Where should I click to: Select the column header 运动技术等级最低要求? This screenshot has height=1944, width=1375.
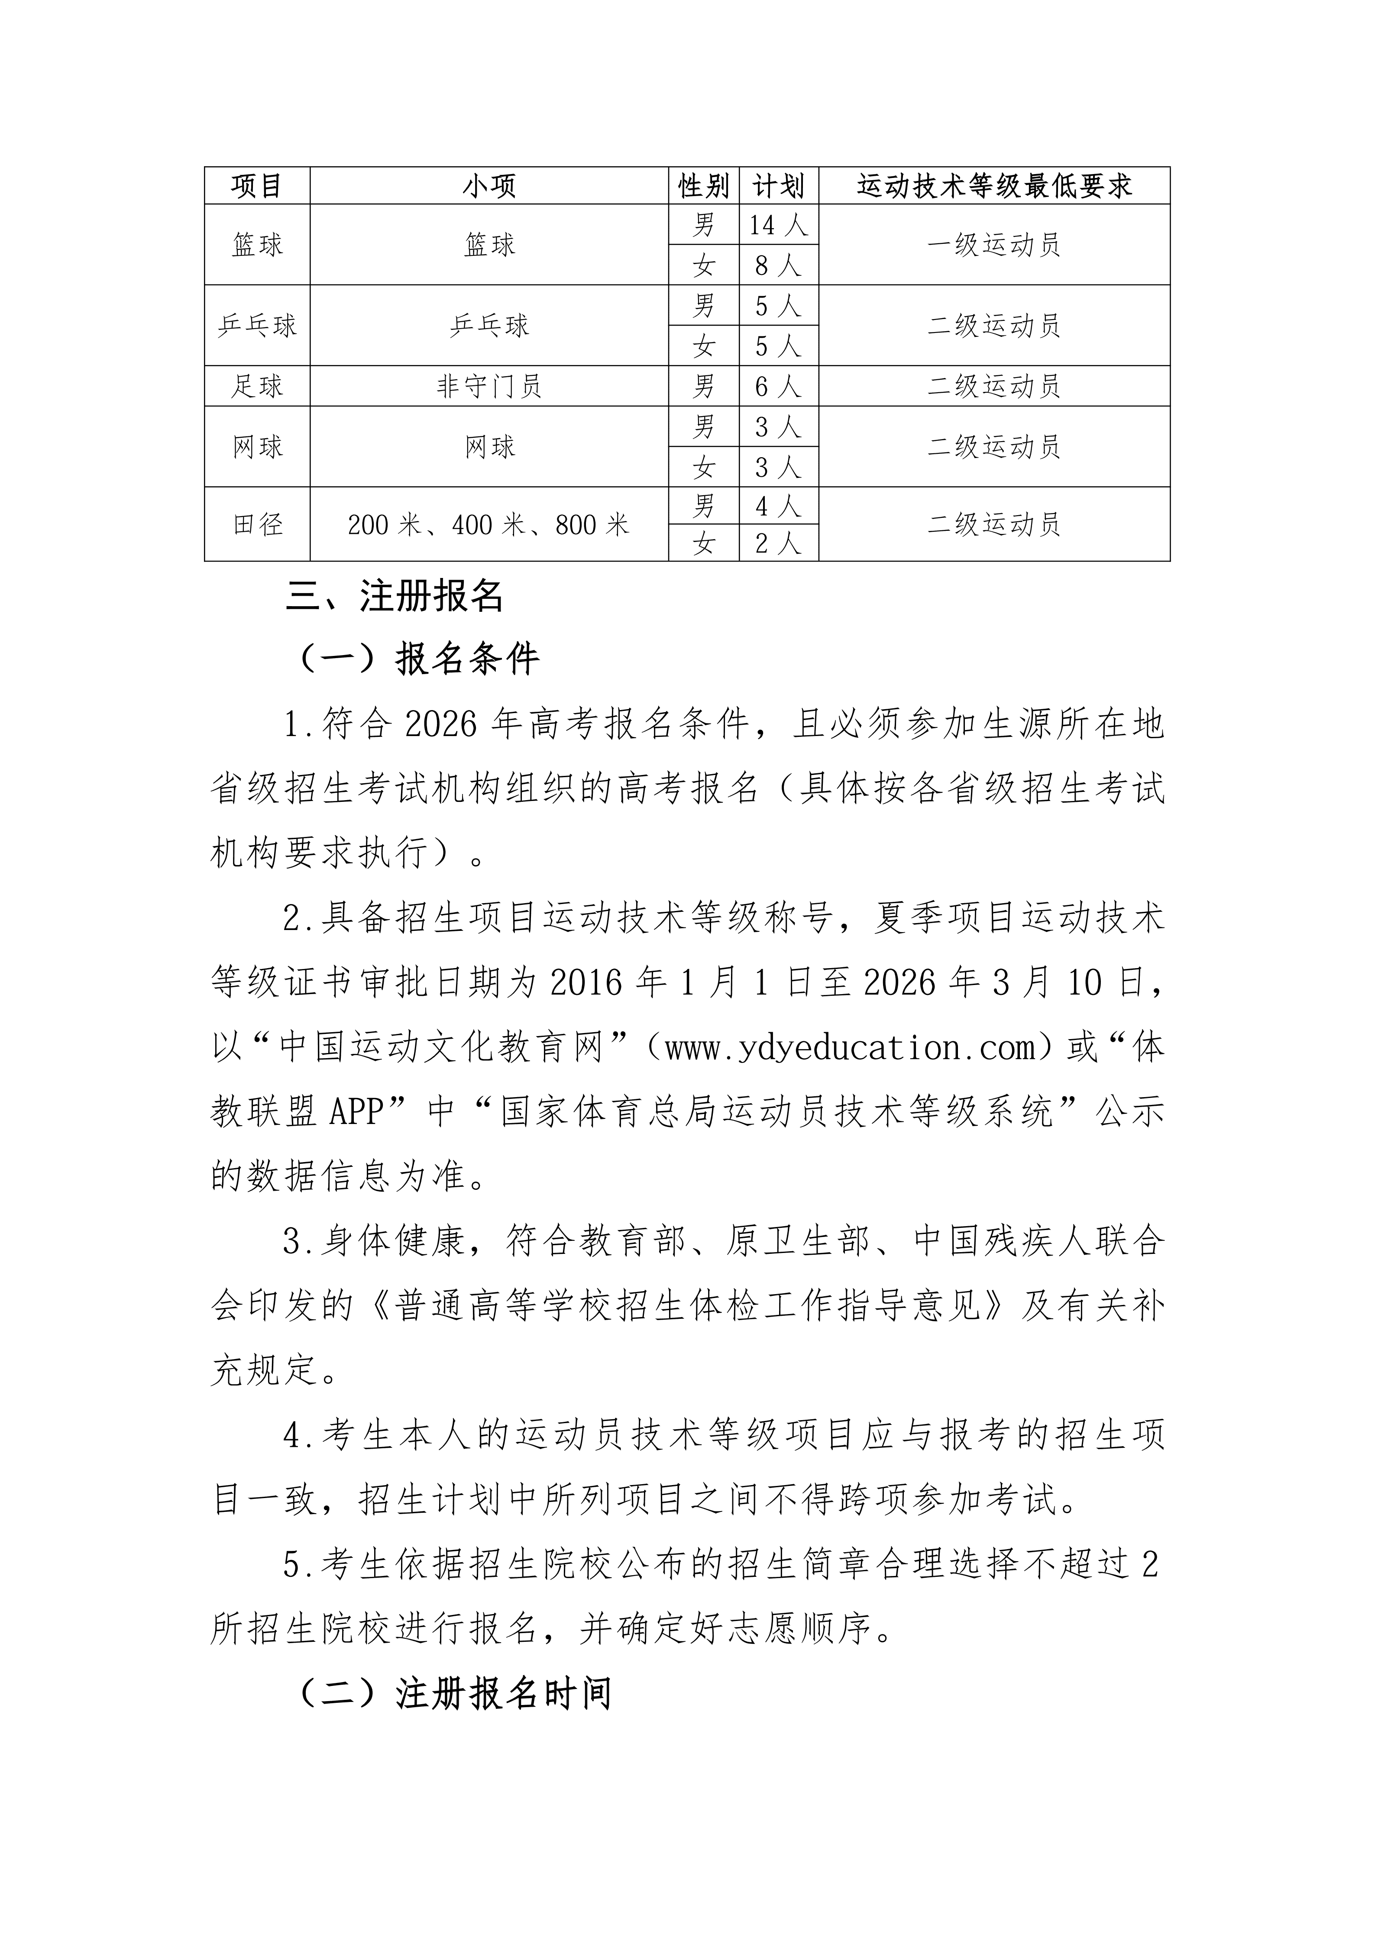(x=994, y=185)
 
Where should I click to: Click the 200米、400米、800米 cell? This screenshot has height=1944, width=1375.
(x=489, y=525)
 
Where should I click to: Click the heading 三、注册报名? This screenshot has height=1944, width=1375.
(x=395, y=596)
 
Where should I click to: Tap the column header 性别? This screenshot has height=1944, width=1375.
(x=704, y=185)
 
